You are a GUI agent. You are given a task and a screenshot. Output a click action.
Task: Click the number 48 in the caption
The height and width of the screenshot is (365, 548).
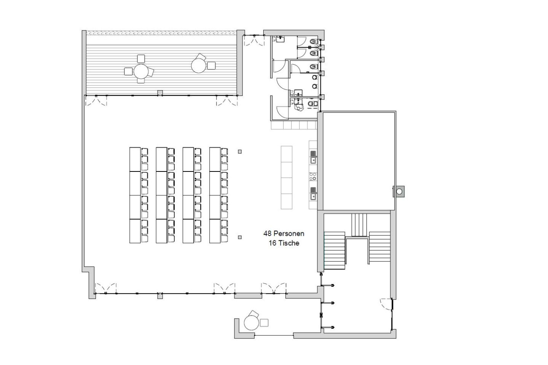(268, 234)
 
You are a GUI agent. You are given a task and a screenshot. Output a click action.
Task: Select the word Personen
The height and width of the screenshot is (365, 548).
(289, 234)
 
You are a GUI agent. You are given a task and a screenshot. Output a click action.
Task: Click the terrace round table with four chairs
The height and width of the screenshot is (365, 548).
(141, 71)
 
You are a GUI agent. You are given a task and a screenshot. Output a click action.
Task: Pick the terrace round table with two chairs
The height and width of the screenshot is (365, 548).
(198, 66)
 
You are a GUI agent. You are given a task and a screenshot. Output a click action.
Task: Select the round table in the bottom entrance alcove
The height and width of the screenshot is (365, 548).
(251, 323)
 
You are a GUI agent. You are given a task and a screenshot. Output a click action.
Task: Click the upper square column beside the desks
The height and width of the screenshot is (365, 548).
(240, 152)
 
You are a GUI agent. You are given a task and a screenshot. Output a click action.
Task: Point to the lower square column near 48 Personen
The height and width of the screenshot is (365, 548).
(240, 237)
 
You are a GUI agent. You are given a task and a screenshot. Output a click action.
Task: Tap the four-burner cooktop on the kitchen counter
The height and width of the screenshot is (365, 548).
(313, 176)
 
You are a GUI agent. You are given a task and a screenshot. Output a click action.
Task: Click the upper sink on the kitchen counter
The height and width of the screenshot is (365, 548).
(313, 157)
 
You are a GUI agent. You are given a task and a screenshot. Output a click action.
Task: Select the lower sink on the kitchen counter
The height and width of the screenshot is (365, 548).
(313, 194)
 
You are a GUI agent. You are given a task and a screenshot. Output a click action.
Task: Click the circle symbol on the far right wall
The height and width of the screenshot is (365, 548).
(399, 191)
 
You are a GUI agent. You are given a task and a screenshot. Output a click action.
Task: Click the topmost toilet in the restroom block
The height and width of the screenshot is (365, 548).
(313, 41)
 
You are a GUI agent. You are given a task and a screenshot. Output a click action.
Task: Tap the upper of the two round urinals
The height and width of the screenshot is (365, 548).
(315, 78)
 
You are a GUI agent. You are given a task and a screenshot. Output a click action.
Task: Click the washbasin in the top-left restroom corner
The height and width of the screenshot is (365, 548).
(280, 39)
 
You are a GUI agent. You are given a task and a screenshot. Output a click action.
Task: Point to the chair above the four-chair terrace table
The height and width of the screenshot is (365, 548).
(141, 59)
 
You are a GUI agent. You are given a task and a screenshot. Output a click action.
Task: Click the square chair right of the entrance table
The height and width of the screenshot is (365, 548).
(264, 323)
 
